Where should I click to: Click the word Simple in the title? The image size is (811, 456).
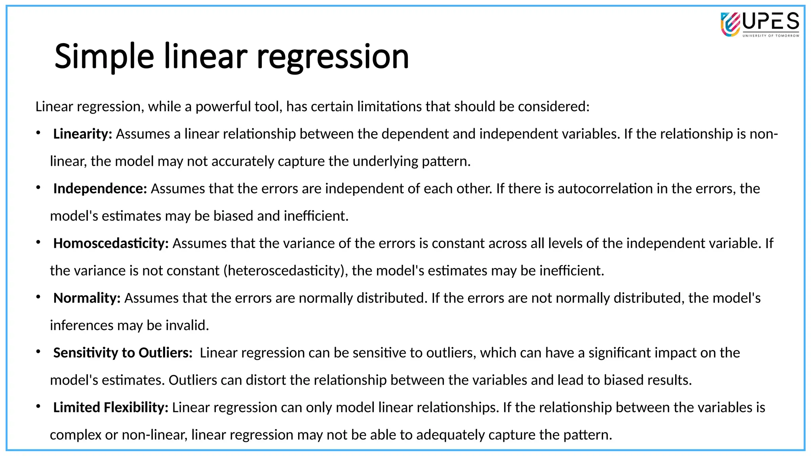(104, 57)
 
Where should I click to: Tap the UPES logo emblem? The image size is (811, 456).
(730, 25)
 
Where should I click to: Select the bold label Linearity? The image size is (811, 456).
(83, 134)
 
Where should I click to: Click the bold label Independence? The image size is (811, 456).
(100, 188)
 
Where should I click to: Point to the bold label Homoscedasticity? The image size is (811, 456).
(111, 243)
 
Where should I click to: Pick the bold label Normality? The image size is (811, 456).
(87, 298)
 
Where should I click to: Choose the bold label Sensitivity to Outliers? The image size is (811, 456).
(123, 352)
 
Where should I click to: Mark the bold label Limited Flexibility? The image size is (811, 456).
(111, 407)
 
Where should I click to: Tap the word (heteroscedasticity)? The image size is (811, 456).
(286, 270)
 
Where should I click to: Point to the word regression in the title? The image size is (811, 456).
(333, 57)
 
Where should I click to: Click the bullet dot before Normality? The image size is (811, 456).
(38, 297)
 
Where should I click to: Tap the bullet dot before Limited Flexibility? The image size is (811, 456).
(38, 406)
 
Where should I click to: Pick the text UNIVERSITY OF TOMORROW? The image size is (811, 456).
(771, 36)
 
